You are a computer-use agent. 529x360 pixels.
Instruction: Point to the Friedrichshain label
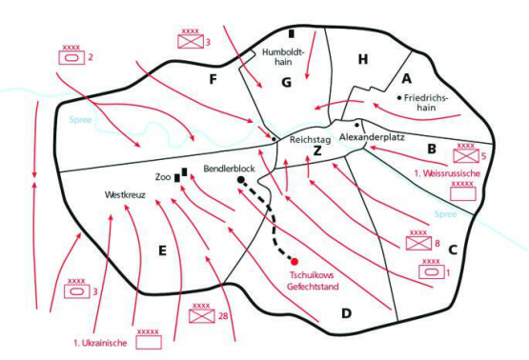(x=431, y=102)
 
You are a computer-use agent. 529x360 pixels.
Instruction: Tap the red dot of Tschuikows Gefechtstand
(x=295, y=261)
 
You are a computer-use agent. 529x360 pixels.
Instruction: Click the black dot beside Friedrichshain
(x=397, y=97)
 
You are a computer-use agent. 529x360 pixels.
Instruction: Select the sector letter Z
(x=316, y=151)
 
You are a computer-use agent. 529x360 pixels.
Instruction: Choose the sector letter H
(x=362, y=60)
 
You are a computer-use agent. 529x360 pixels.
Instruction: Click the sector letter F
(x=214, y=77)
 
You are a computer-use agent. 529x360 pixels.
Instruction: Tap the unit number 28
(x=222, y=317)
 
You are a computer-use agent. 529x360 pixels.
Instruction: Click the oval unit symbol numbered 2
(x=71, y=58)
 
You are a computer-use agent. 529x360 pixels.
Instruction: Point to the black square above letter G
(x=292, y=34)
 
